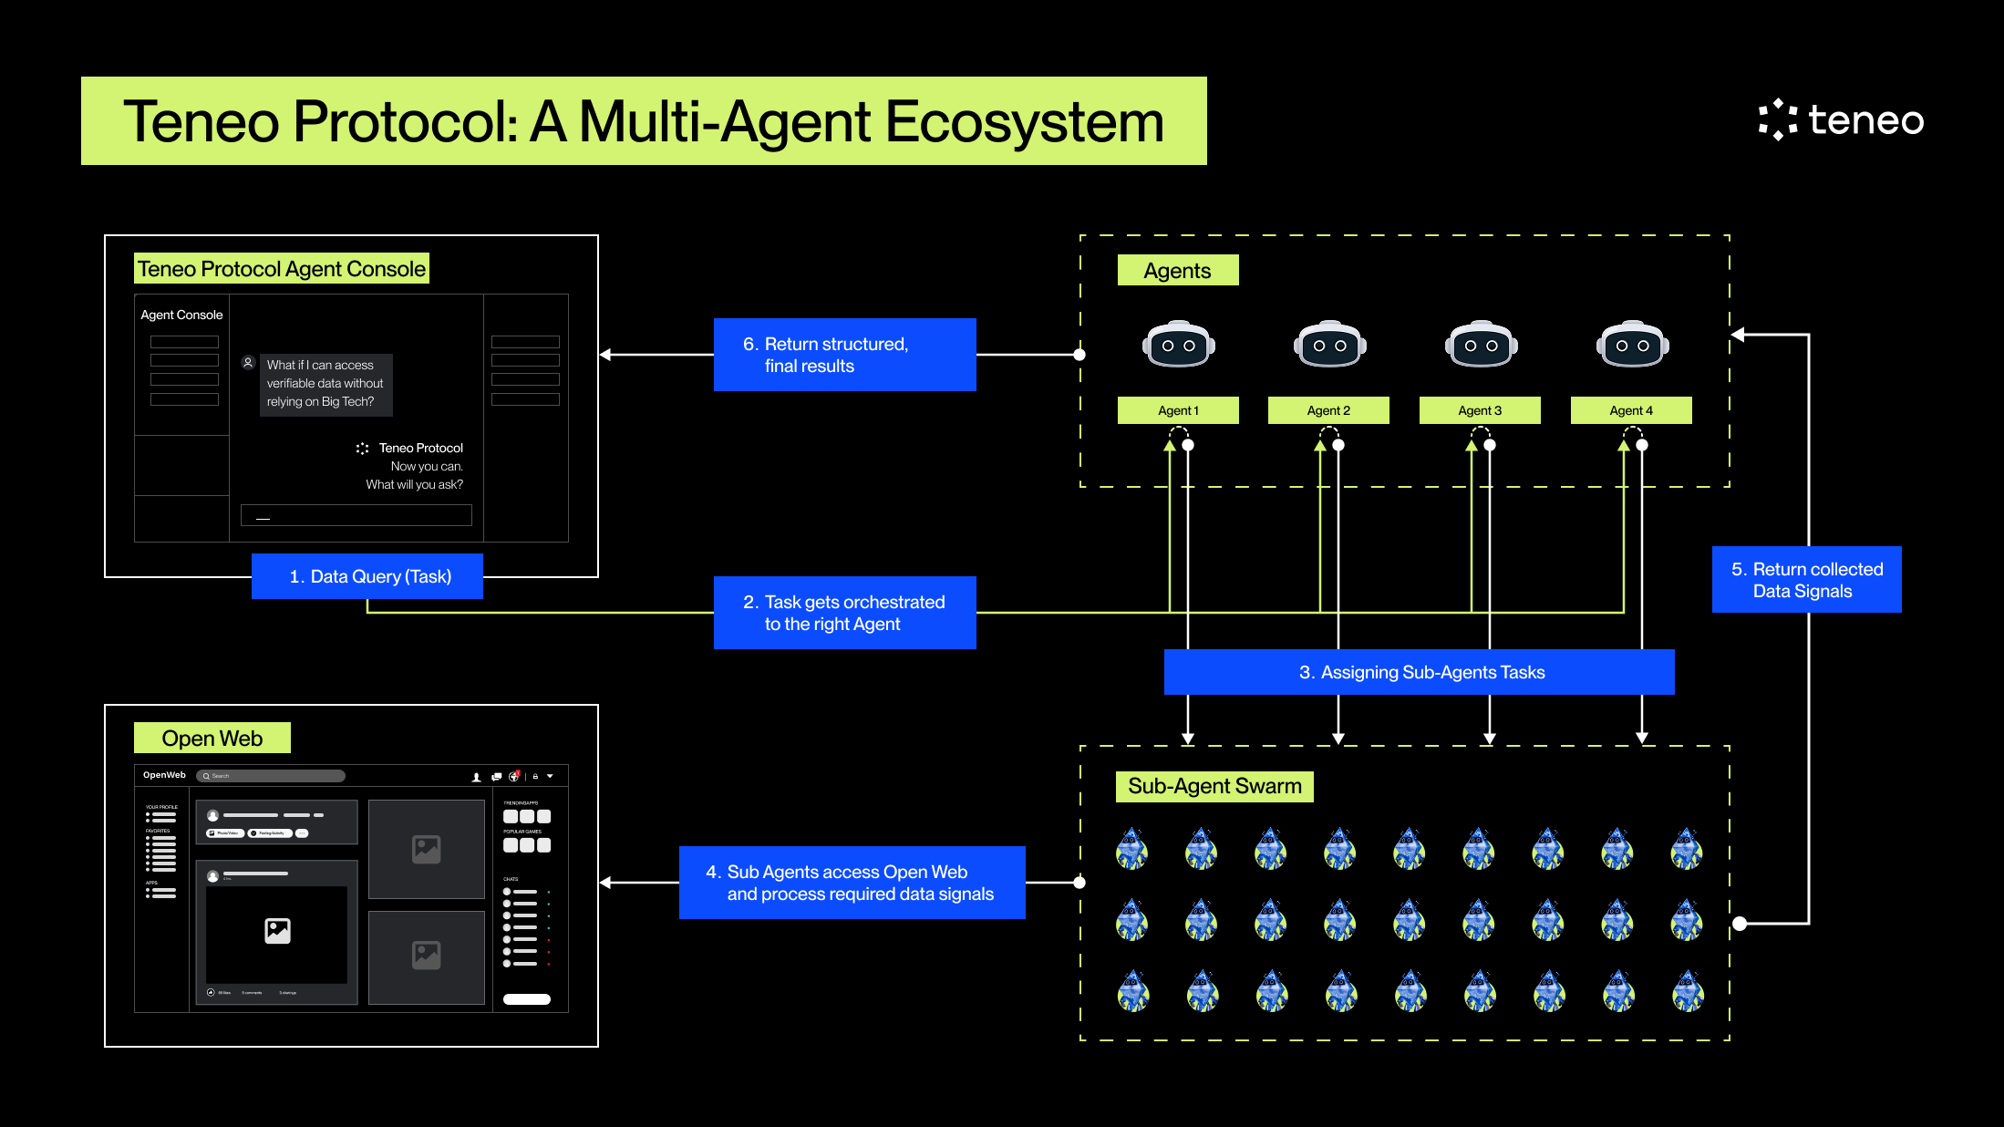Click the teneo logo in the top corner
point(1841,119)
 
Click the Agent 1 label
point(1178,410)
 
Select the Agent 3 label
point(1480,410)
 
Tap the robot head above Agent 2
point(1329,345)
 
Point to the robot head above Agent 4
point(1632,345)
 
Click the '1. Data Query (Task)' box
point(367,576)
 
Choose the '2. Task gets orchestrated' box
point(844,613)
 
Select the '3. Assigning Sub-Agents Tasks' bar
point(1419,672)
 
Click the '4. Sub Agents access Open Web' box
point(852,883)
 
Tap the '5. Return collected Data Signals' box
point(1806,580)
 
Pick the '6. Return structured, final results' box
point(844,355)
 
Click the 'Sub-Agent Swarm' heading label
point(1214,786)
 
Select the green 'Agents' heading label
point(1177,271)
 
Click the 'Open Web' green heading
point(212,739)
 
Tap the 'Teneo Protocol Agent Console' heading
point(281,269)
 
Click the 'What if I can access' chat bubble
point(325,384)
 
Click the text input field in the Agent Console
point(356,515)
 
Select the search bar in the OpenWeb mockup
point(271,776)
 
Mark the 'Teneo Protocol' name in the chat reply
point(420,448)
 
